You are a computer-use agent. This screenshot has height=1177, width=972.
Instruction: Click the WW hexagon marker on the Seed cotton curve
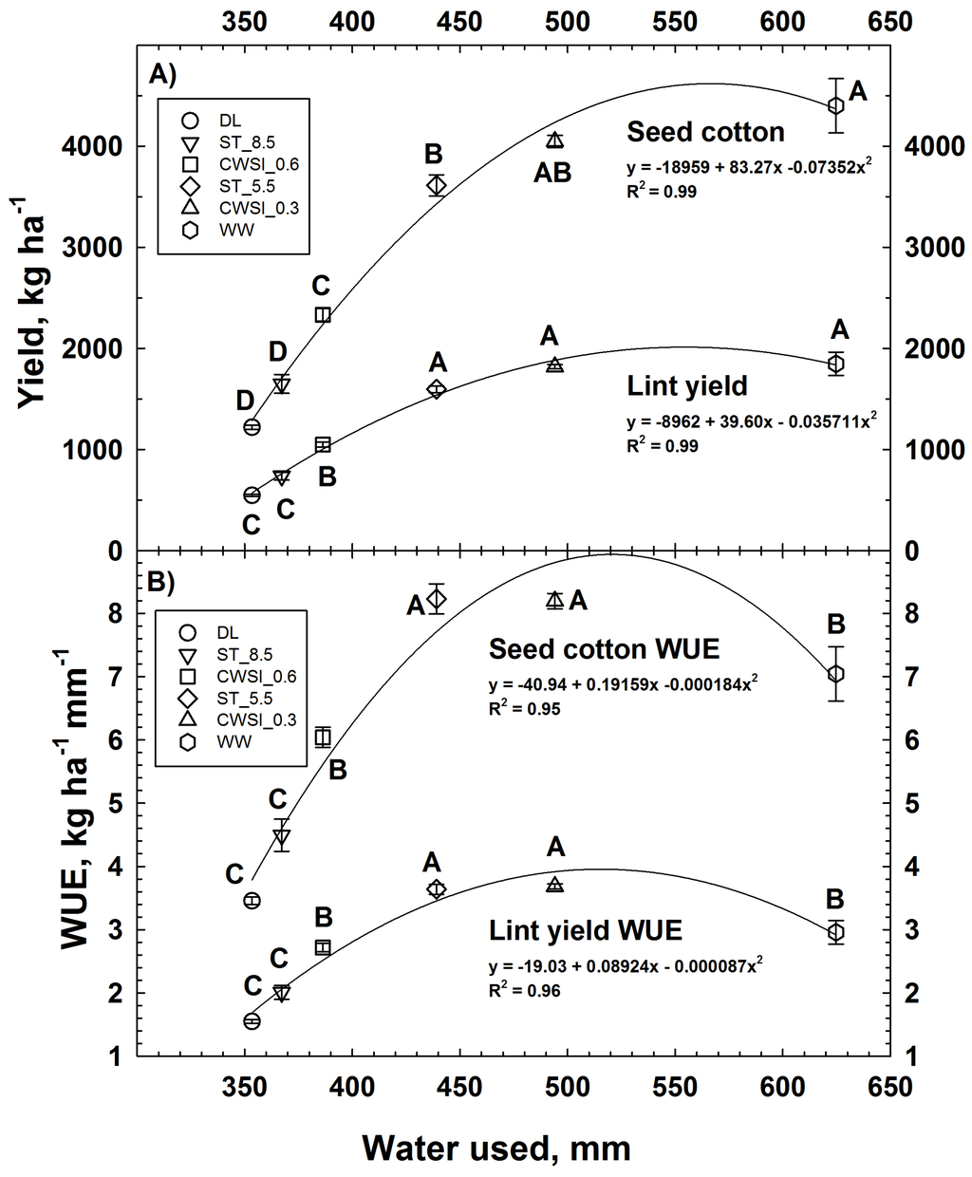point(835,105)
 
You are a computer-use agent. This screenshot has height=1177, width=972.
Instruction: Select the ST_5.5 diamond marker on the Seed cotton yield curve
point(437,185)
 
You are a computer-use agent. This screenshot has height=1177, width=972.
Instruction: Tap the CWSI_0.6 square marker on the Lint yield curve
point(323,445)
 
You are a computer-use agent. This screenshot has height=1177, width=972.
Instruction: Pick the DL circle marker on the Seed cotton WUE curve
point(252,900)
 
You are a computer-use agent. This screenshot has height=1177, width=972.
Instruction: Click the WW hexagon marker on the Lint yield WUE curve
point(835,932)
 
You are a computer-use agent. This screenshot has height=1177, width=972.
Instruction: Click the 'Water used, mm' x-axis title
point(495,1149)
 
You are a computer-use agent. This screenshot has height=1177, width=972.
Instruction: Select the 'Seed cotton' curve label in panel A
point(705,132)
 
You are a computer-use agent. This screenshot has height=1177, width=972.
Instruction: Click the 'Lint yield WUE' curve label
point(586,929)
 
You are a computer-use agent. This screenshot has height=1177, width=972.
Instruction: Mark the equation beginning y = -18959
point(749,169)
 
